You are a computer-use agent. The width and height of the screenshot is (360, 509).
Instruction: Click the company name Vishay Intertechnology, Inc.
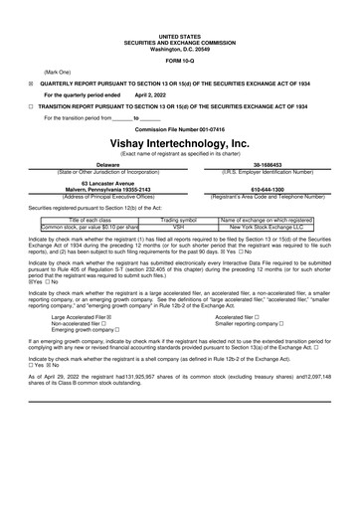[179, 143]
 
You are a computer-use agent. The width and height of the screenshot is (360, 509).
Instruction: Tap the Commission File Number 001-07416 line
[179, 129]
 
